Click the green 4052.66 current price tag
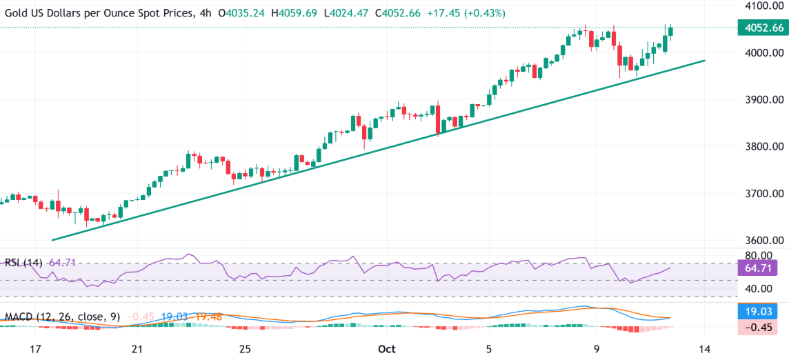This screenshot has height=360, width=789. pyautogui.click(x=760, y=28)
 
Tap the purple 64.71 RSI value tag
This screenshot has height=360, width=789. pyautogui.click(x=760, y=268)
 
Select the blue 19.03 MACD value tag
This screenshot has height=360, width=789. pyautogui.click(x=760, y=312)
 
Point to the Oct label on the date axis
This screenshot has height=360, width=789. pyautogui.click(x=387, y=348)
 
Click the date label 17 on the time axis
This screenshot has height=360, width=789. pyautogui.click(x=36, y=348)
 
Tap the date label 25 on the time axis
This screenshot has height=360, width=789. pyautogui.click(x=244, y=348)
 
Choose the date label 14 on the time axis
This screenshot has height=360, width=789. pyautogui.click(x=704, y=348)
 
